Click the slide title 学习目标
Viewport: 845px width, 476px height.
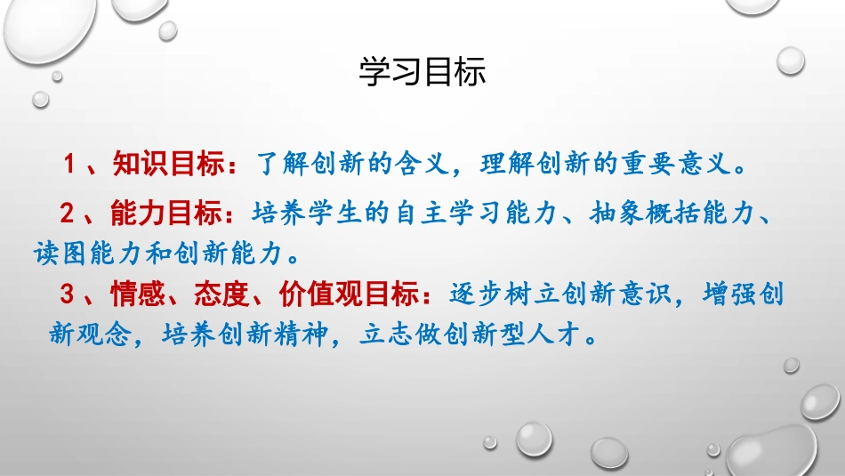click(x=422, y=73)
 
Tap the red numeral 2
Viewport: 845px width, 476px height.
click(x=68, y=214)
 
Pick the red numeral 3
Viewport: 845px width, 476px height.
click(x=68, y=294)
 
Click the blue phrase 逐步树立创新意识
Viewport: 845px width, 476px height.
click(x=558, y=294)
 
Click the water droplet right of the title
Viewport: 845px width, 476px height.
click(x=790, y=61)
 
